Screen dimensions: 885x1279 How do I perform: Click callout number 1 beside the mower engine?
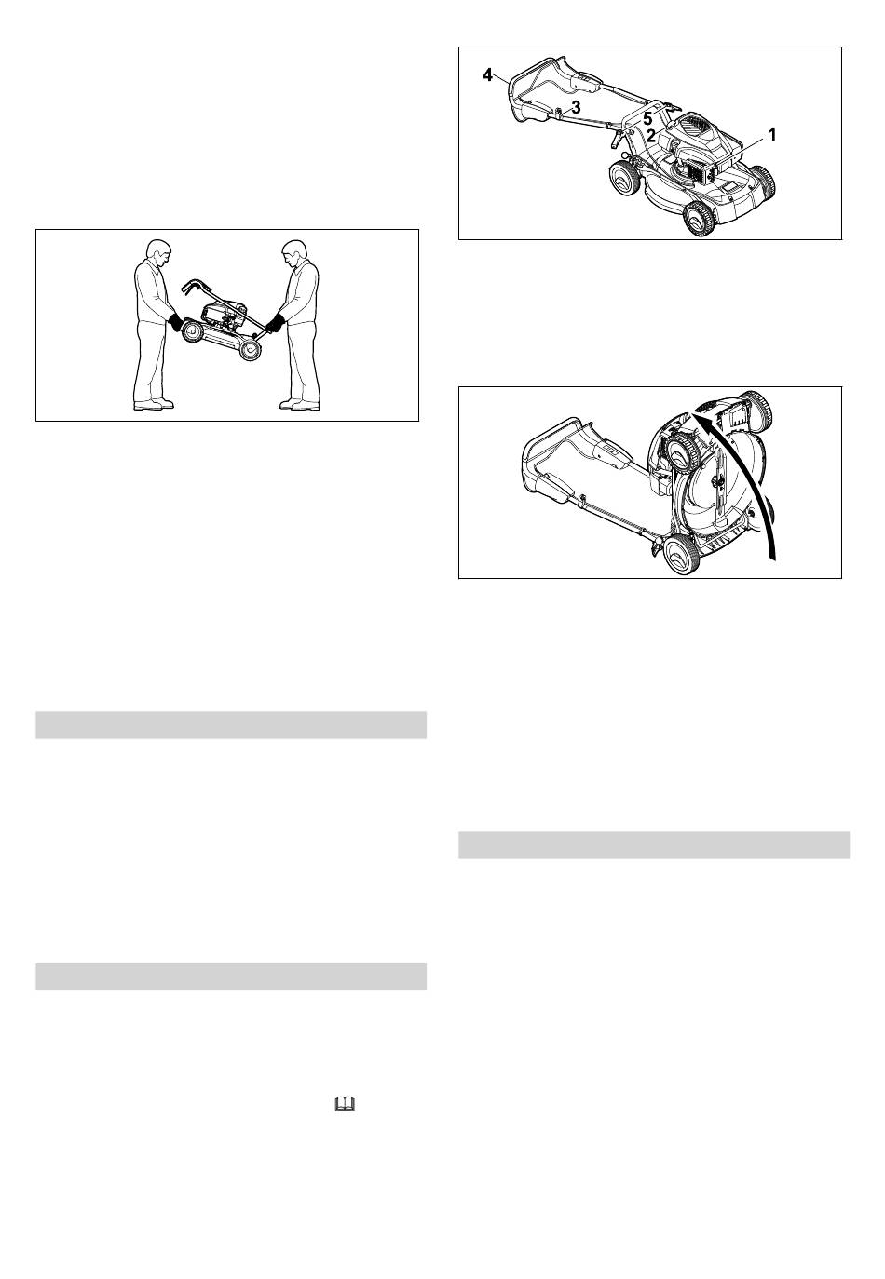[771, 135]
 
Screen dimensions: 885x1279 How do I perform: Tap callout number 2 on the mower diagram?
[650, 136]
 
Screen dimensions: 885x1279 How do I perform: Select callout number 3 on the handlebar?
[576, 107]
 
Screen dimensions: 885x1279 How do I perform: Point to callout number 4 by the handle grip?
[487, 74]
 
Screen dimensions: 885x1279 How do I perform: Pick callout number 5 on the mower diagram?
[647, 120]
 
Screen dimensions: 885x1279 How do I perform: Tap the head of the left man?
[158, 252]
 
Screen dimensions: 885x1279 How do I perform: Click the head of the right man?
[294, 252]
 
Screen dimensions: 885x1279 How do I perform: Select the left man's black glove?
[176, 322]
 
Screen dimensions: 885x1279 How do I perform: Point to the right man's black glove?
[276, 323]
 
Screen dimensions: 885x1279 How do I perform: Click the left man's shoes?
[153, 404]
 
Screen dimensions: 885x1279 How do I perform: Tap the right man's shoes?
[299, 404]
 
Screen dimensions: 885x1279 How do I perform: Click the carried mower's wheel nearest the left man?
[192, 331]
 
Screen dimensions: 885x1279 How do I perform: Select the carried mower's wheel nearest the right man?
[250, 349]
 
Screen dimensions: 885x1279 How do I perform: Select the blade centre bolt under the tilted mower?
[715, 484]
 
